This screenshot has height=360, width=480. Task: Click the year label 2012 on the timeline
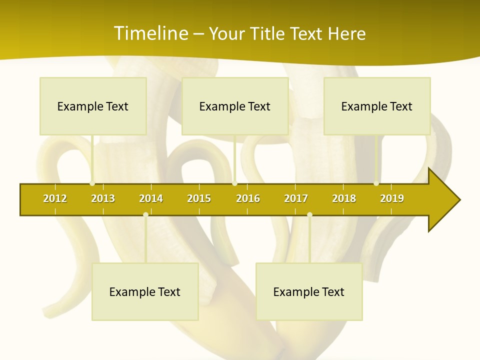[55, 198]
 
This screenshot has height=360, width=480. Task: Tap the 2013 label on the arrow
[103, 198]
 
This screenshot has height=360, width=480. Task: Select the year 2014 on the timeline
[151, 198]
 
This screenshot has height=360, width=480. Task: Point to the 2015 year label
[199, 198]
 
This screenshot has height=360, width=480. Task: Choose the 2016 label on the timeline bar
[248, 198]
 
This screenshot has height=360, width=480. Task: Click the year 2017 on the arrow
[296, 198]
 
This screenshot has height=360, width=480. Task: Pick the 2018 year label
[344, 198]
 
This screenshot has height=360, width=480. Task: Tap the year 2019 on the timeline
[392, 198]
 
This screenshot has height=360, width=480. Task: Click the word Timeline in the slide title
[150, 33]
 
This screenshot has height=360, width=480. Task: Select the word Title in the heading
[269, 33]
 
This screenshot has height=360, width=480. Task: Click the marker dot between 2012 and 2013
[92, 183]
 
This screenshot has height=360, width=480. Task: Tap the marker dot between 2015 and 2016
[234, 183]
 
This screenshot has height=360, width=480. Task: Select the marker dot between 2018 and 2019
[376, 183]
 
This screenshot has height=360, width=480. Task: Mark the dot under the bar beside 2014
[145, 215]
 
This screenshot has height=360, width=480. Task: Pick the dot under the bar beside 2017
[309, 215]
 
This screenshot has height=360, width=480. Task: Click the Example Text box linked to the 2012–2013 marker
[93, 106]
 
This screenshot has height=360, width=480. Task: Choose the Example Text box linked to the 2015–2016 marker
[235, 106]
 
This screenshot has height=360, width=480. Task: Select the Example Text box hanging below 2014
[145, 291]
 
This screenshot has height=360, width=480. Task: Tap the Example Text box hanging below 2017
[309, 291]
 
